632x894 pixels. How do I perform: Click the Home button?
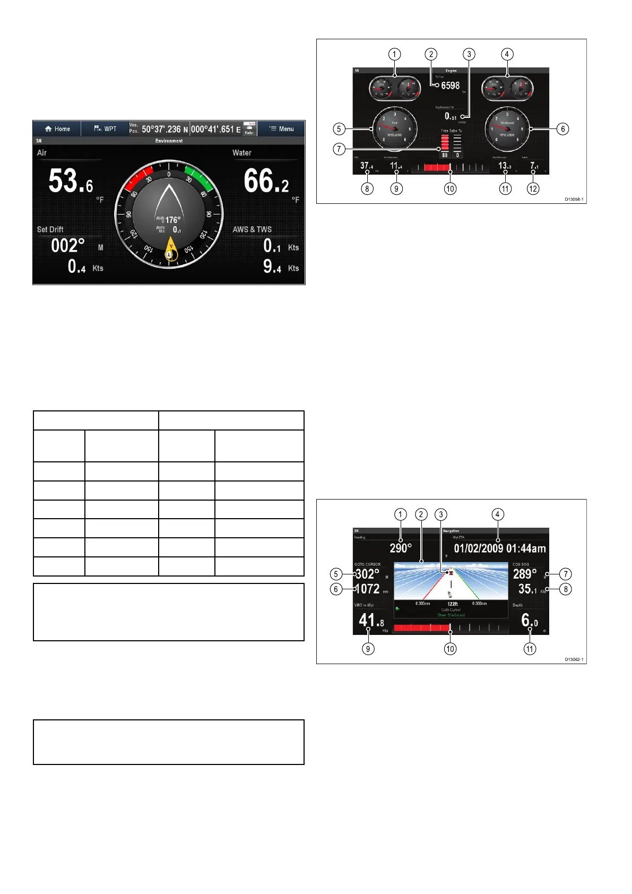point(57,129)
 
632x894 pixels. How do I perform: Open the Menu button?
point(281,129)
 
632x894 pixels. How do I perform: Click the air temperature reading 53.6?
point(71,181)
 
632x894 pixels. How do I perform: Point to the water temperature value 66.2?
point(266,181)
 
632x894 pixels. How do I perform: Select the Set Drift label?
point(50,229)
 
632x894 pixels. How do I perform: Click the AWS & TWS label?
point(252,229)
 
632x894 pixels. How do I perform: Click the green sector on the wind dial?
point(200,177)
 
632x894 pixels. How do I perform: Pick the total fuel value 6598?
point(450,85)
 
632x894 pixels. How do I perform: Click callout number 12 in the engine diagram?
point(533,188)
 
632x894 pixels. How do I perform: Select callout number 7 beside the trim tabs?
point(339,149)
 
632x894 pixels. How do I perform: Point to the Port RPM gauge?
point(395,128)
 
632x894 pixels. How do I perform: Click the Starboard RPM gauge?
point(507,128)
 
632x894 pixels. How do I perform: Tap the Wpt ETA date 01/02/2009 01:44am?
point(499,548)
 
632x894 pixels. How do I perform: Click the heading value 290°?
point(401,548)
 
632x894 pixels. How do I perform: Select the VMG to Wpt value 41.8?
point(371,620)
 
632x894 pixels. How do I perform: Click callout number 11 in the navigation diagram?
point(530,649)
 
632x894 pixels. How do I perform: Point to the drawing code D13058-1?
point(574,200)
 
